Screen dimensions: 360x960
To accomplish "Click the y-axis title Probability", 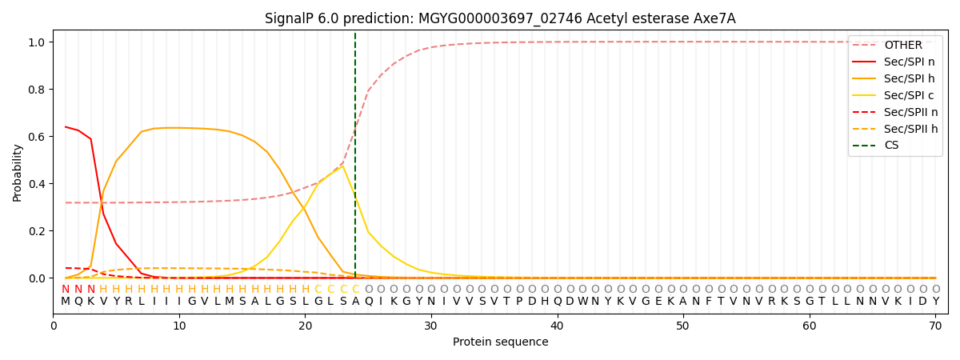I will pyautogui.click(x=18, y=172).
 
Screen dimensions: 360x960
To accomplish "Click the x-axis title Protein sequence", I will pyautogui.click(x=500, y=342).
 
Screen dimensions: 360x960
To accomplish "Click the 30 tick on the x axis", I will pyautogui.click(x=431, y=326).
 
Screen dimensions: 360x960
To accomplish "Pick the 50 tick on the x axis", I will pyautogui.click(x=682, y=326).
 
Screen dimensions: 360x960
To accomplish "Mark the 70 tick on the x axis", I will pyautogui.click(x=934, y=326).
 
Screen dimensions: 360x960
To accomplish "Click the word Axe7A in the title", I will pyautogui.click(x=714, y=18).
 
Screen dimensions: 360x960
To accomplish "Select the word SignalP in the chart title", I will pyautogui.click(x=289, y=18).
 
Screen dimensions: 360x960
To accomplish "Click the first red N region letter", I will pyautogui.click(x=66, y=290).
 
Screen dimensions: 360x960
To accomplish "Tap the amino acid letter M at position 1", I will pyautogui.click(x=66, y=302).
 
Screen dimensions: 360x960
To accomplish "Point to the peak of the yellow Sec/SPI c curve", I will pyautogui.click(x=343, y=166).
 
